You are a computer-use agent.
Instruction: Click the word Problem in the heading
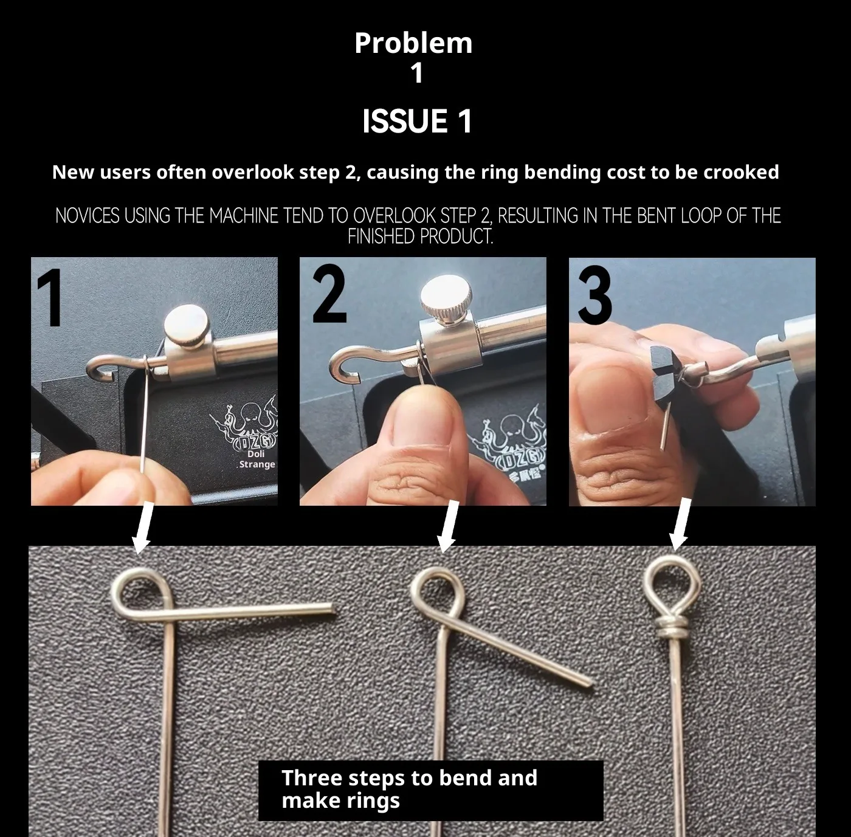(x=413, y=43)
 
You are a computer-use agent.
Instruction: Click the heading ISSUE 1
(x=417, y=121)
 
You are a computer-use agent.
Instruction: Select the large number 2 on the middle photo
(x=329, y=293)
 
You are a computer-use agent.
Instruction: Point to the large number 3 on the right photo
(x=595, y=295)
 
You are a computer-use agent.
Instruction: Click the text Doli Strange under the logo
(x=257, y=459)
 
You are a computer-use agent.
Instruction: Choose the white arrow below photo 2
(x=448, y=527)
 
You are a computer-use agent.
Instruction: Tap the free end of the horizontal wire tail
(x=332, y=609)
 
